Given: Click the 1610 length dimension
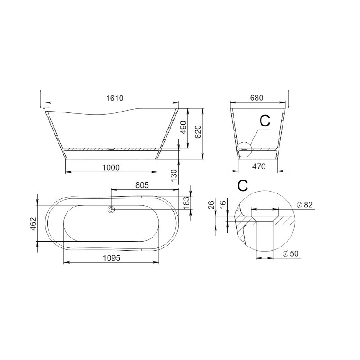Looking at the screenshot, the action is (115, 98).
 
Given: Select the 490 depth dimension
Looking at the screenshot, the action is (184, 128).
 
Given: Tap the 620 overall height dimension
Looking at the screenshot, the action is (198, 131).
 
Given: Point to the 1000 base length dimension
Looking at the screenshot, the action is (111, 167).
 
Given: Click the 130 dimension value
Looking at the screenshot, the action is (175, 175).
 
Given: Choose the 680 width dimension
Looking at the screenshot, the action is (256, 98).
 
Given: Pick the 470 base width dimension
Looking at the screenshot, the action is (259, 166).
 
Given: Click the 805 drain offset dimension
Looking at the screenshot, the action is (142, 185).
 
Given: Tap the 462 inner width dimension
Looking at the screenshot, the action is (33, 224).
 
